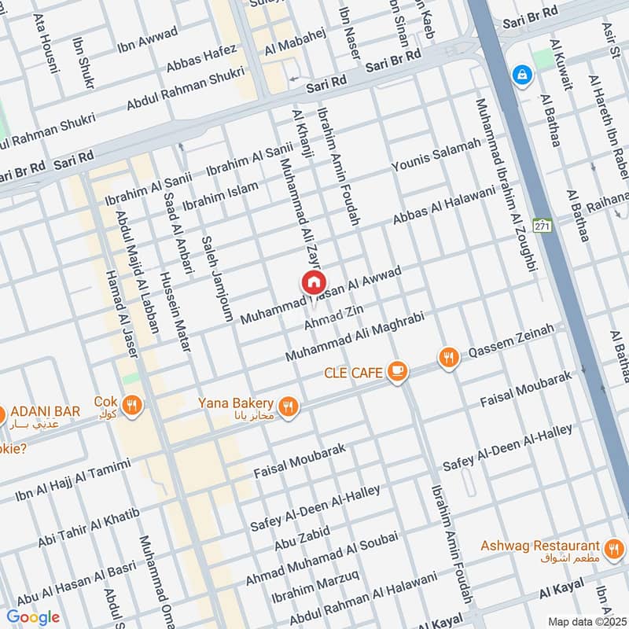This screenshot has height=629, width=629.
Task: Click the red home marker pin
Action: [312, 283]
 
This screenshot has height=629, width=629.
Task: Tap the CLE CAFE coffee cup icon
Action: [399, 370]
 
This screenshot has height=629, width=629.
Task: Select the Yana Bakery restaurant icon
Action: [289, 406]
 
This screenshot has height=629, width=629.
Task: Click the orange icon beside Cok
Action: [132, 405]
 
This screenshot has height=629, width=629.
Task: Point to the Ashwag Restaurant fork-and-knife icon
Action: [613, 547]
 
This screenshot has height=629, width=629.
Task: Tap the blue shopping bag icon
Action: [520, 75]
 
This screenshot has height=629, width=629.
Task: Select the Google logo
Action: [32, 617]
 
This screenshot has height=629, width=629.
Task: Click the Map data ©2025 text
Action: [586, 621]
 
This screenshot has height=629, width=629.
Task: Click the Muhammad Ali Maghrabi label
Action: [355, 337]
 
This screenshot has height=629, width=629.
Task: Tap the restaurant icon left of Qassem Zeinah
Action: [448, 358]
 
